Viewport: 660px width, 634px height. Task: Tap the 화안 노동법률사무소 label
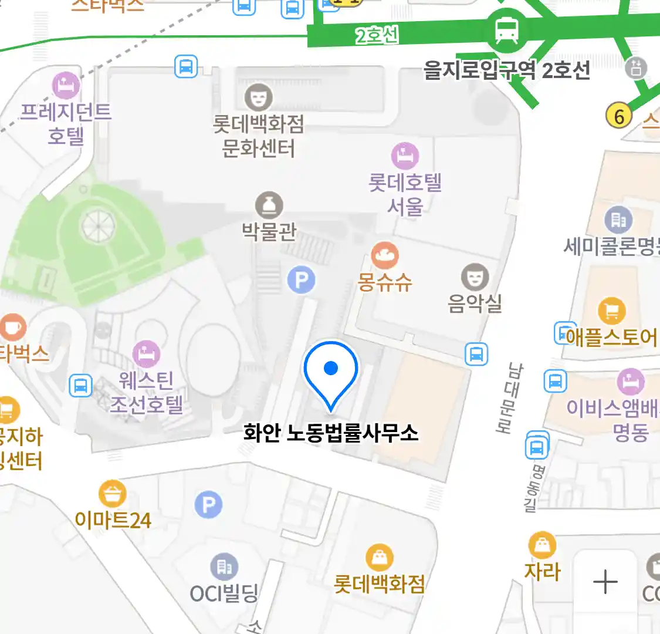tap(331, 433)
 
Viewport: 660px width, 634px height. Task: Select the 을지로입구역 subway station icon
tap(506, 29)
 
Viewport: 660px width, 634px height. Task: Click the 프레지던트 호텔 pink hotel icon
tap(66, 86)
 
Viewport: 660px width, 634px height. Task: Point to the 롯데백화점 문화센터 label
tap(258, 136)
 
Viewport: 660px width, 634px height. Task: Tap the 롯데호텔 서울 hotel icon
tap(405, 156)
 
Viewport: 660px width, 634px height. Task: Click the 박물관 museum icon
tap(269, 205)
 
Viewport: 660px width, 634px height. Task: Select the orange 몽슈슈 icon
tap(385, 256)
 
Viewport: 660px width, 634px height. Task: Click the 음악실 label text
tap(475, 303)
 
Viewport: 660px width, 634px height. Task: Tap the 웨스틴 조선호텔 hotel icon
tap(146, 354)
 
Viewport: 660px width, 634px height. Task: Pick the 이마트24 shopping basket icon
tap(112, 494)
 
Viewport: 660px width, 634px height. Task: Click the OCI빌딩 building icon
tap(224, 567)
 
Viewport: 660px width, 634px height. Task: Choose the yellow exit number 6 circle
tap(619, 116)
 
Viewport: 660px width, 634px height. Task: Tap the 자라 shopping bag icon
tap(542, 545)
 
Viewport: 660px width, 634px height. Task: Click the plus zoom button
tap(605, 582)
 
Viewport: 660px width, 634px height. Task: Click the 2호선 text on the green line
tap(377, 36)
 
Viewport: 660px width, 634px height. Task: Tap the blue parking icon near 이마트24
tap(208, 504)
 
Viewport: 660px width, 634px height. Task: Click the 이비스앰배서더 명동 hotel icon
tap(630, 382)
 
